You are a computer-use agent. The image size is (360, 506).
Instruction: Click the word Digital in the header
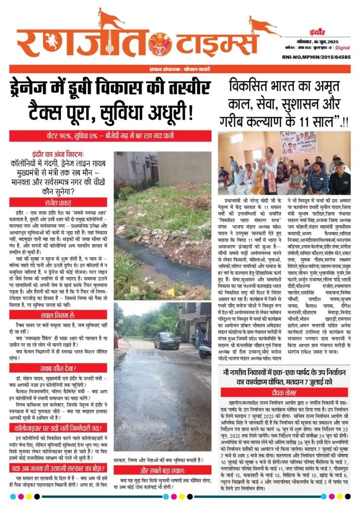[x=343, y=48]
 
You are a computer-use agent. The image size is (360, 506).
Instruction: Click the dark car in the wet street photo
[x=167, y=340]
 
